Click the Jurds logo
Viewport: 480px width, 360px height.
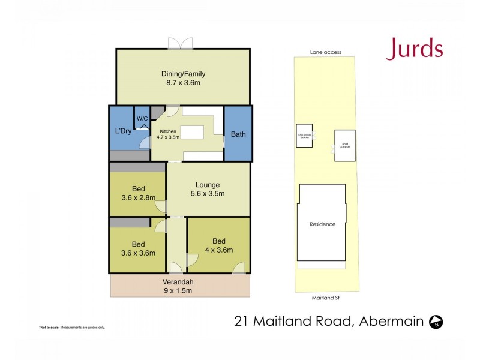[415, 49]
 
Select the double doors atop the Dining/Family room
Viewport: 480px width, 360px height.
[181, 43]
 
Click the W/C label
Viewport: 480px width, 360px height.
[142, 119]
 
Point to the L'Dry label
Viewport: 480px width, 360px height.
[123, 131]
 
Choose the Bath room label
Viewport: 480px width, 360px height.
[238, 134]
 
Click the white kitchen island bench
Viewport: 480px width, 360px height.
[193, 132]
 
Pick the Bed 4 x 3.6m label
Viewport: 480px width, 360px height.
[218, 245]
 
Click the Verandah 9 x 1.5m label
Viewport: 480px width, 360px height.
[180, 286]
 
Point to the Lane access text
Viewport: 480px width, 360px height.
[325, 52]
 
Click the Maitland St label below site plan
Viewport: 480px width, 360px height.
[327, 296]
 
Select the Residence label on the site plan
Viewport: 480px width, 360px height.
[322, 224]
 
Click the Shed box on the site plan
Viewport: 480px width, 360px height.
[345, 145]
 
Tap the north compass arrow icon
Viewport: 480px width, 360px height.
[436, 322]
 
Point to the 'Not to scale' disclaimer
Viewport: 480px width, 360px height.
[72, 328]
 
